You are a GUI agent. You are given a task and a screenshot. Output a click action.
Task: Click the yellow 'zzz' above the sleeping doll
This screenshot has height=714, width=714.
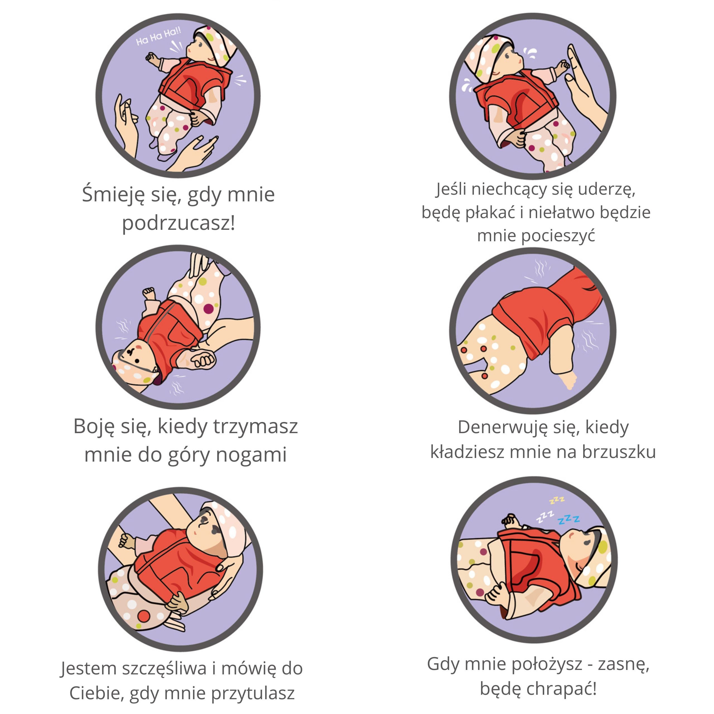pyautogui.click(x=557, y=500)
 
